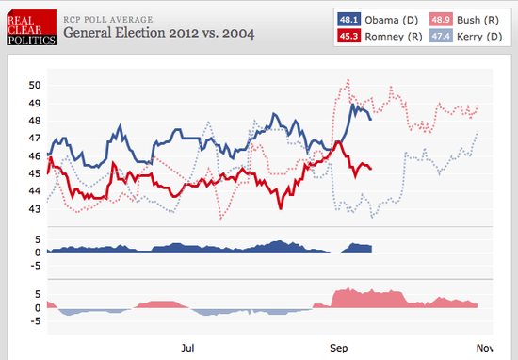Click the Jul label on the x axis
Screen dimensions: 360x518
188,348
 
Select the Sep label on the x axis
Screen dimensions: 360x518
337,348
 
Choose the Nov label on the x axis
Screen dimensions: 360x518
484,348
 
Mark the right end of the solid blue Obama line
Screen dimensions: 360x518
371,119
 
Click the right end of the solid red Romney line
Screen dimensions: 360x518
371,169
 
